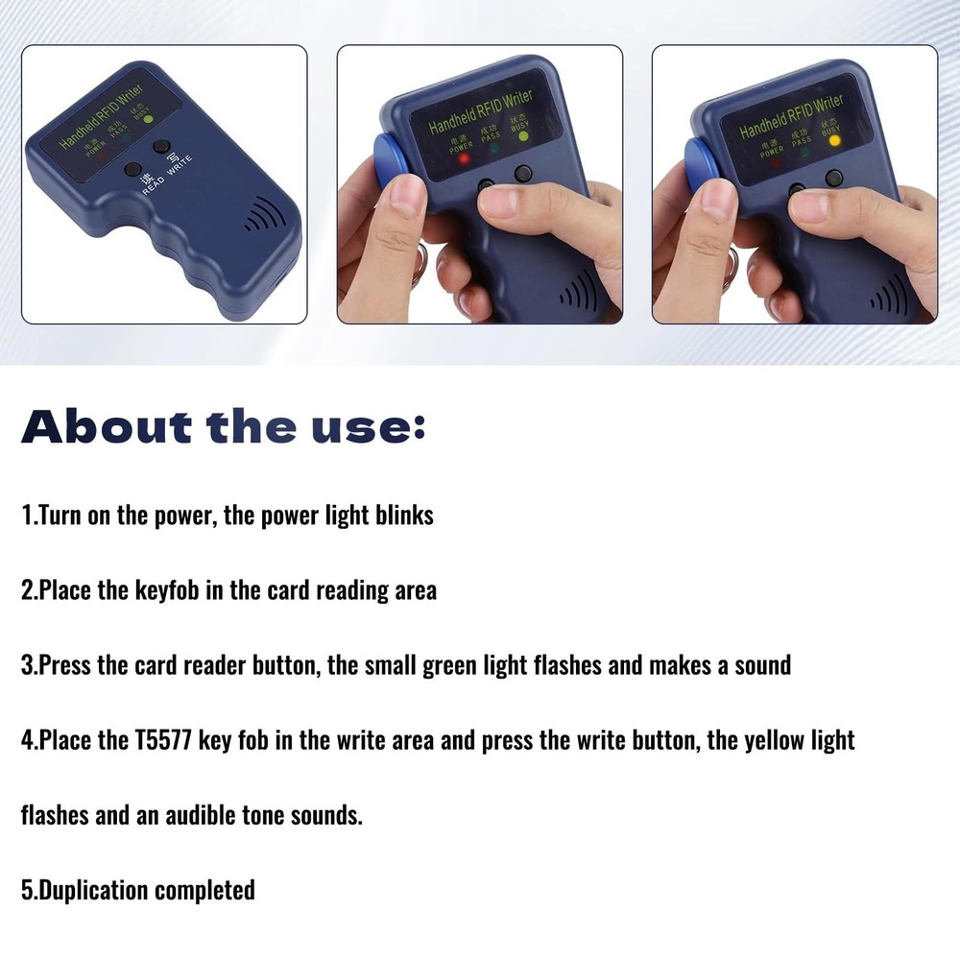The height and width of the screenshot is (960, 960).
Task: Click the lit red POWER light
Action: [x=464, y=158]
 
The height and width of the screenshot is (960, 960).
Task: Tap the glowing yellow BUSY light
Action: [x=834, y=141]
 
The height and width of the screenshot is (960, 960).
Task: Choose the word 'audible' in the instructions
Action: [x=214, y=816]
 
